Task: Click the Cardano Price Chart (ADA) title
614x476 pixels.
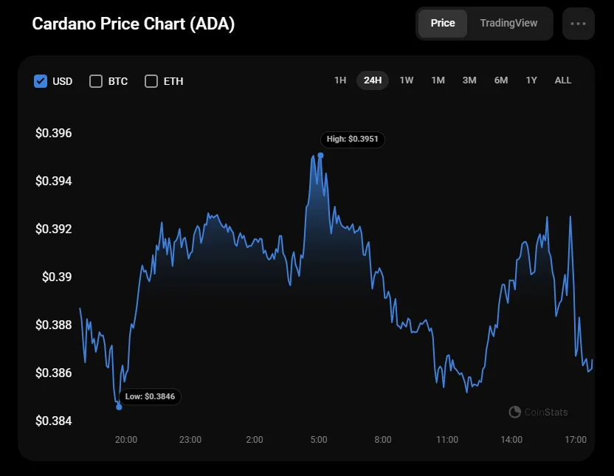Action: [x=134, y=24]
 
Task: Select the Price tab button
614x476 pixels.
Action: [x=443, y=23]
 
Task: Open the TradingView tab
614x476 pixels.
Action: [x=508, y=23]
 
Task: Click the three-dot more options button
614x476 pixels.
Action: [x=578, y=24]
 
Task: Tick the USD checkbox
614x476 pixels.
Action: [x=41, y=81]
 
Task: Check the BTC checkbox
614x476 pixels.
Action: [x=96, y=81]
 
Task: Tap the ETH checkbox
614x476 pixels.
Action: [x=151, y=81]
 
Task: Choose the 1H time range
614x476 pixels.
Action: [x=340, y=80]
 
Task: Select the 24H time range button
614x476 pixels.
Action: [x=373, y=80]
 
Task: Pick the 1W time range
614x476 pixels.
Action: [x=407, y=80]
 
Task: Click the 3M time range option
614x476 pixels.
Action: [x=469, y=80]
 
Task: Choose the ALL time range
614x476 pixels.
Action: [x=563, y=80]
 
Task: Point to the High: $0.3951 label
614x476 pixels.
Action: [x=353, y=139]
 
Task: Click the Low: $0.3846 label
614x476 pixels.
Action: [x=149, y=396]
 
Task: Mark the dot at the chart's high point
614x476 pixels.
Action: [x=320, y=155]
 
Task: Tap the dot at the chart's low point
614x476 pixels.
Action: [x=119, y=407]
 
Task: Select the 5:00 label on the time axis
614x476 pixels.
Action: [x=319, y=440]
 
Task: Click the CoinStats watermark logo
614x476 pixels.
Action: [x=515, y=412]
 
